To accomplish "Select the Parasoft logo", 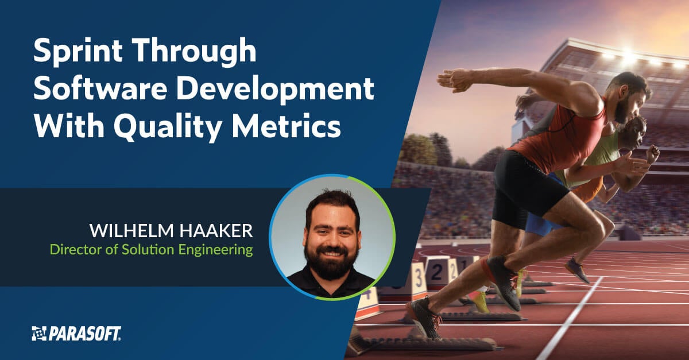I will click(76, 333).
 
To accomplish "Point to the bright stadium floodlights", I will click(629, 57).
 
